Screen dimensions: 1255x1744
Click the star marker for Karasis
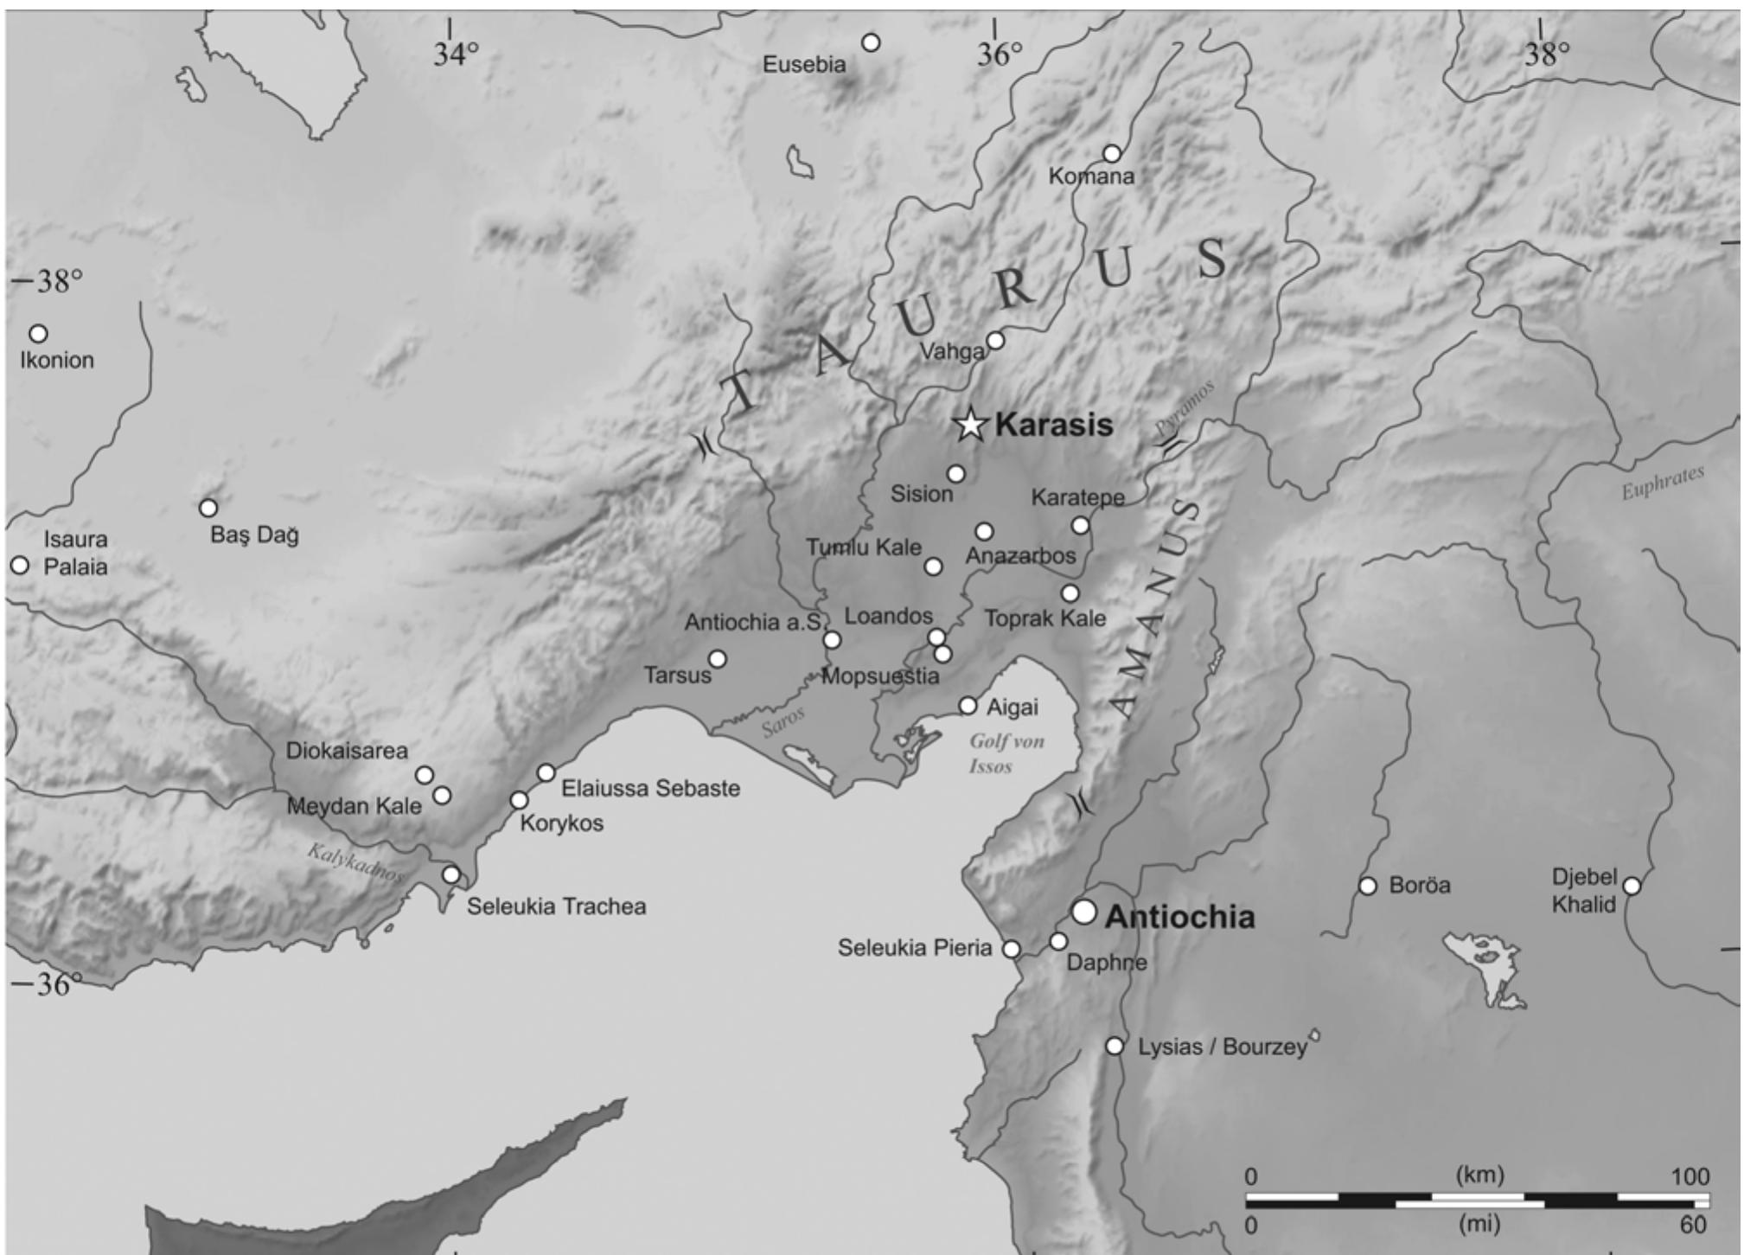[x=971, y=425]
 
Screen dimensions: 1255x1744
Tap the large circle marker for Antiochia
[x=1083, y=912]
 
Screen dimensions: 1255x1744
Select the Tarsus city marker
[x=717, y=659]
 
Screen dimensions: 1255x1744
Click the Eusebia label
[x=804, y=65]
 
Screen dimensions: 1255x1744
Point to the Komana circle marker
[x=1112, y=154]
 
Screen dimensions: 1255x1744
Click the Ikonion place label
[x=57, y=361]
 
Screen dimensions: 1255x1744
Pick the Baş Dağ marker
[x=208, y=508]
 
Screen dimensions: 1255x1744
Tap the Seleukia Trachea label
[x=556, y=907]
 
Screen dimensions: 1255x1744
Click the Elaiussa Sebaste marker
[x=546, y=772]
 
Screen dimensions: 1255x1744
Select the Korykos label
[x=562, y=823]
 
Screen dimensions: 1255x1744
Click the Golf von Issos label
[x=1006, y=753]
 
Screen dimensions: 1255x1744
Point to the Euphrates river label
[x=1662, y=483]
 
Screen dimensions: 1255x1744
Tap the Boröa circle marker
[x=1368, y=886]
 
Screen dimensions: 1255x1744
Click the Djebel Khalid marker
[x=1632, y=886]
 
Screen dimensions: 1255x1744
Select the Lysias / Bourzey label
[x=1222, y=1047]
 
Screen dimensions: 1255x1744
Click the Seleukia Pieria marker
[x=1011, y=949]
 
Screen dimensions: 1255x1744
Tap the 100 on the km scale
[x=1690, y=1177]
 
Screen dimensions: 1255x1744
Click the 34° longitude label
[x=456, y=54]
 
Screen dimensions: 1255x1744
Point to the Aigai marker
[x=968, y=706]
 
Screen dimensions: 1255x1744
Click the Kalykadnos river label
[x=355, y=862]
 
